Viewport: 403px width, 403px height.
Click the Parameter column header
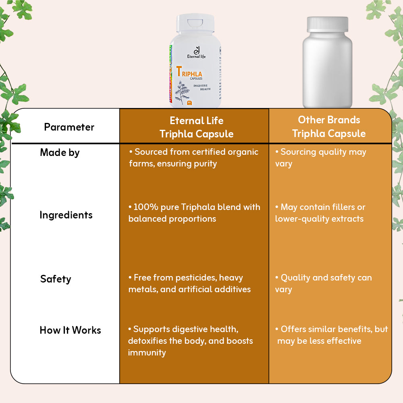pos(69,127)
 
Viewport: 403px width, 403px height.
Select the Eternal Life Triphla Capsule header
pos(196,127)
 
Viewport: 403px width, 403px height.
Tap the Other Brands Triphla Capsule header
pos(329,127)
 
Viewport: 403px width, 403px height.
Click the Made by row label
pos(60,152)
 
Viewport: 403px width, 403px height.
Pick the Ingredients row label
pos(66,215)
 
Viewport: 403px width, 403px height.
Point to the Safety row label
pos(56,279)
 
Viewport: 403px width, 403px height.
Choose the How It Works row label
pos(70,330)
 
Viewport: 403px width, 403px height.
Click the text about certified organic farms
pos(193,158)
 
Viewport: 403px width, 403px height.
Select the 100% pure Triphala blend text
pos(194,213)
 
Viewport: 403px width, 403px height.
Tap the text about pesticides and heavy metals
pos(189,283)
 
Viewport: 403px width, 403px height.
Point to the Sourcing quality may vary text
pos(321,158)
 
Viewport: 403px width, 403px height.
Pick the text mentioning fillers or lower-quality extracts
pos(320,213)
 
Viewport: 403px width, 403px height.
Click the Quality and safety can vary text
pos(323,283)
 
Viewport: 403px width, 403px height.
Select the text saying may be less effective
pos(319,341)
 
